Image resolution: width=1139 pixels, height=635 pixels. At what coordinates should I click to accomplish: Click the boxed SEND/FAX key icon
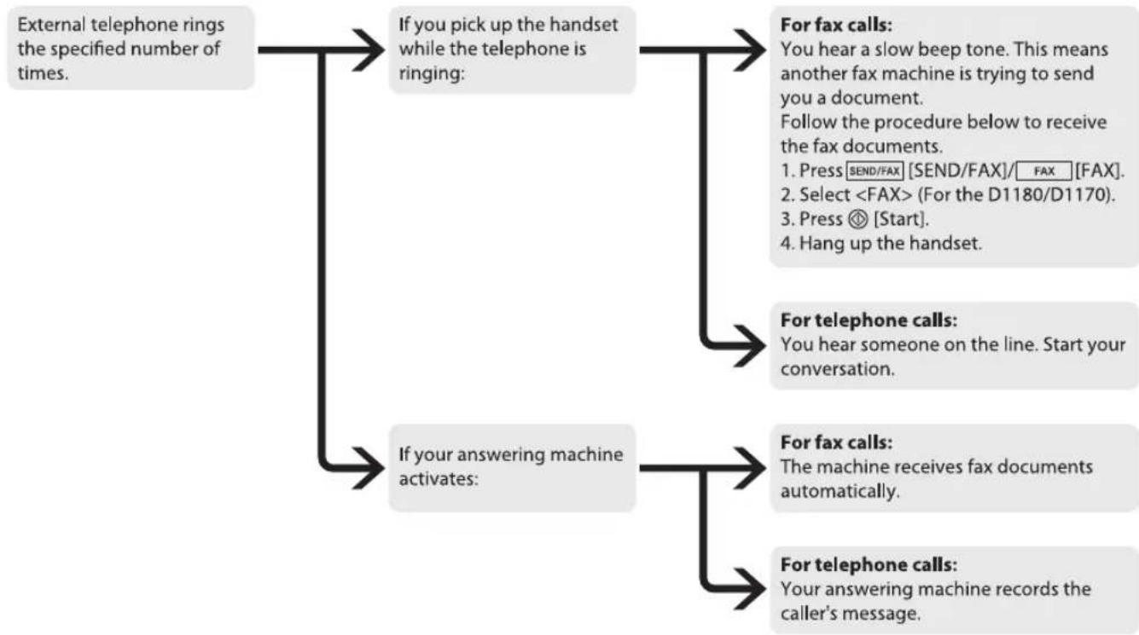tap(875, 171)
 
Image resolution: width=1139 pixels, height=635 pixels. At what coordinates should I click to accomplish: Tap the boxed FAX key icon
tap(1044, 171)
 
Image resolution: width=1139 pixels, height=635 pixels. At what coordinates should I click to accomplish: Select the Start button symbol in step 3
tap(857, 219)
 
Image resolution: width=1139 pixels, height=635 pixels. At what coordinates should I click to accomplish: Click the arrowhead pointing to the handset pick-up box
tap(369, 49)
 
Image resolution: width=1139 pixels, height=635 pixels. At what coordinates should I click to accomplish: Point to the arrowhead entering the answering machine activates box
tap(369, 469)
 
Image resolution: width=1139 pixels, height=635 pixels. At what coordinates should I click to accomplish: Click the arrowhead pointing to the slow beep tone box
tap(750, 49)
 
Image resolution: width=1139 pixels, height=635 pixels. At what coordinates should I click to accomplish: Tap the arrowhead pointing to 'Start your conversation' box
tap(750, 346)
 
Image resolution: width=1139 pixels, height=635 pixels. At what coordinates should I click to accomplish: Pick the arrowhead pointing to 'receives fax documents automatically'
tap(750, 469)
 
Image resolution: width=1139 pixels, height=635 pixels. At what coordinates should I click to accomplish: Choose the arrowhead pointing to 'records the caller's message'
tap(750, 589)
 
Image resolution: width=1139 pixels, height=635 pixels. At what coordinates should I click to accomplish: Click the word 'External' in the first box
tap(51, 25)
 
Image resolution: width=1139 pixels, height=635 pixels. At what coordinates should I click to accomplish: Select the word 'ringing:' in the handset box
tap(432, 74)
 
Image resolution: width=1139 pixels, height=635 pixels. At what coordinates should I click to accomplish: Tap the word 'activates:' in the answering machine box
tap(439, 479)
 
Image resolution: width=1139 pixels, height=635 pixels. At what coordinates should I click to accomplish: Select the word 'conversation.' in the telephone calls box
tap(837, 369)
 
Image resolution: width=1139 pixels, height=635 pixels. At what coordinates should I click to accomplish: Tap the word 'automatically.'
tap(840, 492)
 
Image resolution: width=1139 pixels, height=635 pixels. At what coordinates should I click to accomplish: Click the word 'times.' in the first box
tap(43, 73)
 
